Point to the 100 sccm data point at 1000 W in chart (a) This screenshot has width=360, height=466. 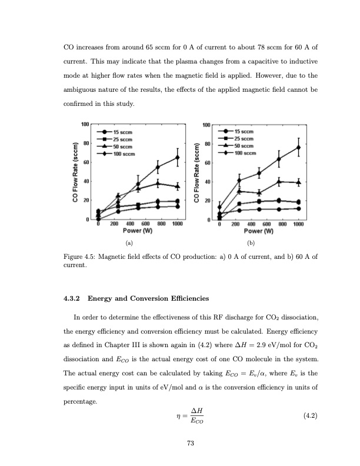coord(178,157)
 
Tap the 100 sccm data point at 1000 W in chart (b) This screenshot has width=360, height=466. coord(298,147)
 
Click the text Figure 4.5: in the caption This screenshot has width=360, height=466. coord(78,258)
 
